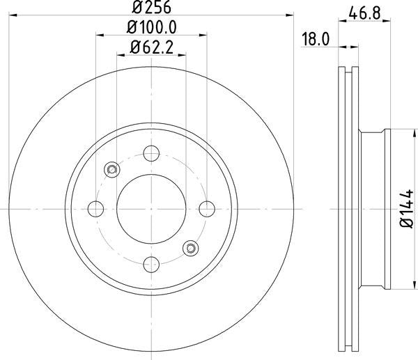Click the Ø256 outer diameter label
(151, 7)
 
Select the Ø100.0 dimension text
(151, 27)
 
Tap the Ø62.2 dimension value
(151, 47)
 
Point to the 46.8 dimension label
(364, 13)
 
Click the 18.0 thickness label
(316, 39)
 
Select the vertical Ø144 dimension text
(407, 208)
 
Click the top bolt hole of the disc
(151, 153)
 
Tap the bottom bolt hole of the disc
(151, 265)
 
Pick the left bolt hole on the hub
(95, 209)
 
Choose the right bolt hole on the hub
(207, 209)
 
